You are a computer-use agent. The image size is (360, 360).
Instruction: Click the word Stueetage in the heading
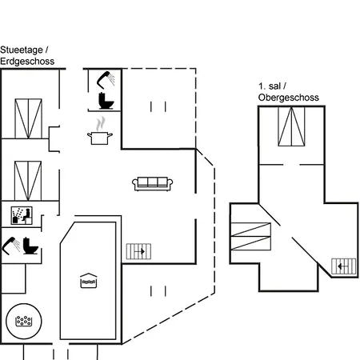pyautogui.click(x=22, y=50)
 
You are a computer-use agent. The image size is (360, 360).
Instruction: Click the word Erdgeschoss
pyautogui.click(x=27, y=62)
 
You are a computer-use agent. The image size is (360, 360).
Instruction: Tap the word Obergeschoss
pyautogui.click(x=289, y=98)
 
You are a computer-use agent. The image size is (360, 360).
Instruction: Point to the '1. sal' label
pyautogui.click(x=270, y=86)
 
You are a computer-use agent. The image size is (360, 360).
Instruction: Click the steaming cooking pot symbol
pyautogui.click(x=100, y=131)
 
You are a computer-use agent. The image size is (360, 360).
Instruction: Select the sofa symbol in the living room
pyautogui.click(x=153, y=184)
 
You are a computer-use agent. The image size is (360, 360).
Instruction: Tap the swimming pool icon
pyautogui.click(x=89, y=281)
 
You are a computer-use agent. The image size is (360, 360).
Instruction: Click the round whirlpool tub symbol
pyautogui.click(x=24, y=321)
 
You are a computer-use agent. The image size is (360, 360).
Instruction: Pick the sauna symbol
pyautogui.click(x=22, y=215)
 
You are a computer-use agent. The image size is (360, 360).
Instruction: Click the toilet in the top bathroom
pyautogui.click(x=106, y=101)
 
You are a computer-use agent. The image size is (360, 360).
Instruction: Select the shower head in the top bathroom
pyautogui.click(x=106, y=80)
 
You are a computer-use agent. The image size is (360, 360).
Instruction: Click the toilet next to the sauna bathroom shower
pyautogui.click(x=30, y=246)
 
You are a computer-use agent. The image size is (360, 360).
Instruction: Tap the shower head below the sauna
pyautogui.click(x=11, y=246)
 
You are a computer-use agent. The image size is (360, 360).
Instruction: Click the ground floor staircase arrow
pyautogui.click(x=139, y=251)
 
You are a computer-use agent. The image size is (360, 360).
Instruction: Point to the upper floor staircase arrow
pyautogui.click(x=342, y=266)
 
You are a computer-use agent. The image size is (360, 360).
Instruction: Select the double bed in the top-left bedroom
pyautogui.click(x=28, y=118)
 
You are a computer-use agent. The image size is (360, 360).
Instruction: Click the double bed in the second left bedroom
pyautogui.click(x=28, y=181)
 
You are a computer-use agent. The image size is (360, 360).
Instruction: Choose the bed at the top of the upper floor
pyautogui.click(x=291, y=126)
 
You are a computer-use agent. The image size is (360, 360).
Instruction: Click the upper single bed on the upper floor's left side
pyautogui.click(x=250, y=230)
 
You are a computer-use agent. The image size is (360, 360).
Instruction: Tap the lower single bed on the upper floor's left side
pyautogui.click(x=250, y=243)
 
